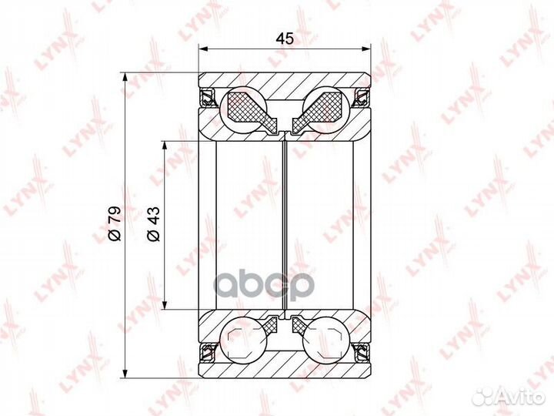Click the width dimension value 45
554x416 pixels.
(x=285, y=39)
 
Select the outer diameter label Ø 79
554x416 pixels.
(x=115, y=223)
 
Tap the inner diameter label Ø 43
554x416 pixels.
(x=154, y=224)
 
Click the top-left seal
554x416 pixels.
(x=209, y=97)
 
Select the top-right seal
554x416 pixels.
(x=362, y=97)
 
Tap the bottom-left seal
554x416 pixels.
(x=209, y=351)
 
